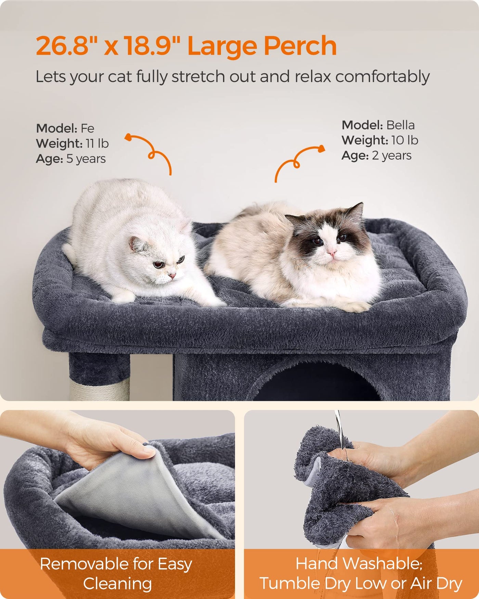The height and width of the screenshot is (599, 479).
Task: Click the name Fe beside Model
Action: pos(87,128)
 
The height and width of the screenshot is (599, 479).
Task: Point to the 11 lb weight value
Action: pos(97,143)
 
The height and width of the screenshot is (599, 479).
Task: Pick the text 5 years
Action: pos(86,159)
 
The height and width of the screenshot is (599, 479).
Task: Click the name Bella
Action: pos(400,125)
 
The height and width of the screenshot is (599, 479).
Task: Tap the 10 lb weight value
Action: pos(405,140)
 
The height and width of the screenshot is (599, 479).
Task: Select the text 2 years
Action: pos(391,155)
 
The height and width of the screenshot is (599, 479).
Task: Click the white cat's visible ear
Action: pos(138,244)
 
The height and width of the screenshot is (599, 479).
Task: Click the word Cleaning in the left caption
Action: pos(117,584)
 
